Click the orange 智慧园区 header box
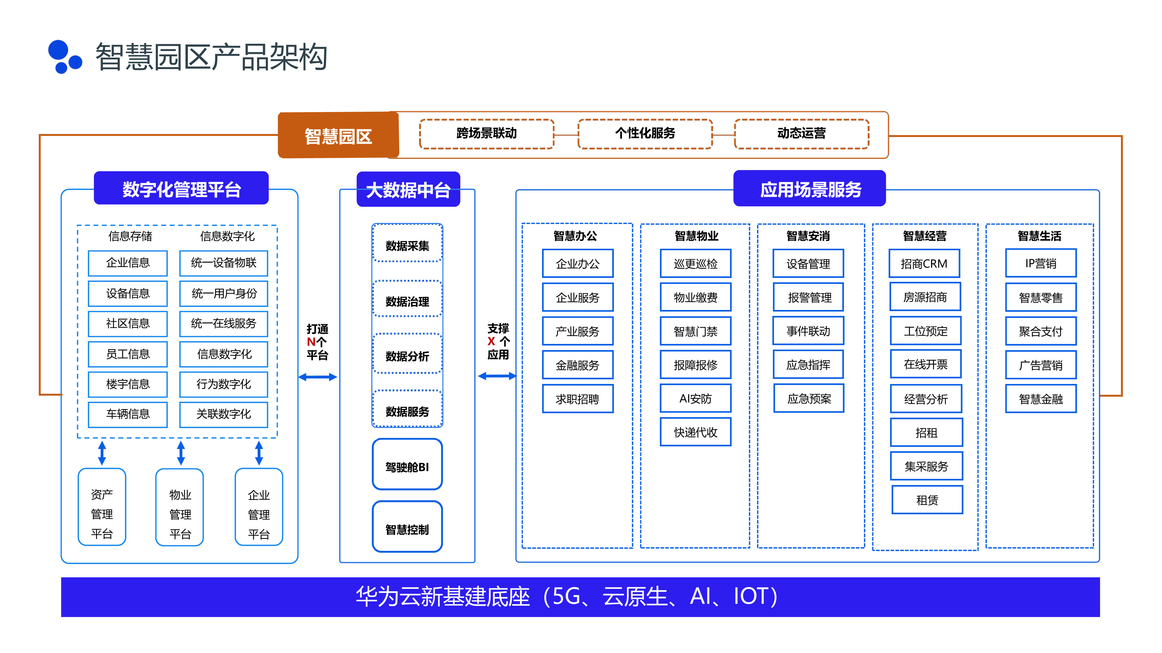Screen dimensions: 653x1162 (338, 135)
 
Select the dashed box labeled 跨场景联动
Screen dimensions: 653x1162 (486, 134)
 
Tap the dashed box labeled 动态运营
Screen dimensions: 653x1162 (801, 134)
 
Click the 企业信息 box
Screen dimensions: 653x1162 (128, 263)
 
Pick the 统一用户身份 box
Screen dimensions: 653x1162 (224, 293)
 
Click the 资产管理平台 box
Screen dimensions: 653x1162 (102, 507)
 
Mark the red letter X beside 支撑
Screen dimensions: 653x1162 (491, 342)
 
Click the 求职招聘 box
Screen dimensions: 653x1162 (578, 399)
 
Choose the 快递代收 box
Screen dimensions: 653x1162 (695, 432)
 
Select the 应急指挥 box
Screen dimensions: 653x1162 (808, 365)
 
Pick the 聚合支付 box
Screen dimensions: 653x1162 (1041, 331)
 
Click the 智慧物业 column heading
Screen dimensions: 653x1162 (696, 236)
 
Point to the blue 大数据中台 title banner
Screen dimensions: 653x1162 (408, 190)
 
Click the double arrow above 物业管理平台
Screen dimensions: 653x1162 (181, 453)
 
